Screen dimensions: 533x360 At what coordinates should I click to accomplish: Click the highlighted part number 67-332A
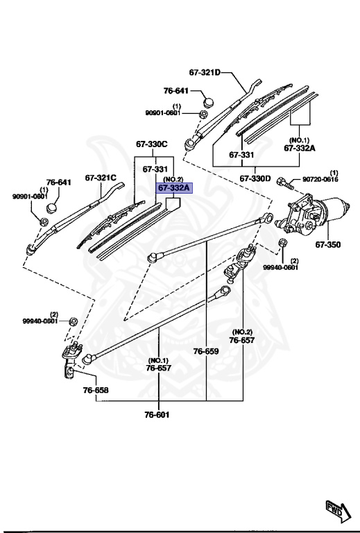pyautogui.click(x=173, y=187)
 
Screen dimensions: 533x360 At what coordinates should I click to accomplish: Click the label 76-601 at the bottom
pyautogui.click(x=157, y=415)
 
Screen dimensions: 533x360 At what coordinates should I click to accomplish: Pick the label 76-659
pyautogui.click(x=206, y=352)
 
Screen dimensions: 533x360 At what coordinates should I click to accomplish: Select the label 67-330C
pyautogui.click(x=151, y=144)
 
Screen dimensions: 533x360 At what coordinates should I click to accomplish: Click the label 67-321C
pyautogui.click(x=101, y=177)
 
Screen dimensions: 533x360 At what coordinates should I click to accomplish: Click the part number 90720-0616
pyautogui.click(x=322, y=180)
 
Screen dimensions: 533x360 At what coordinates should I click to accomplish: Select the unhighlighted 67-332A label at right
pyautogui.click(x=299, y=148)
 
